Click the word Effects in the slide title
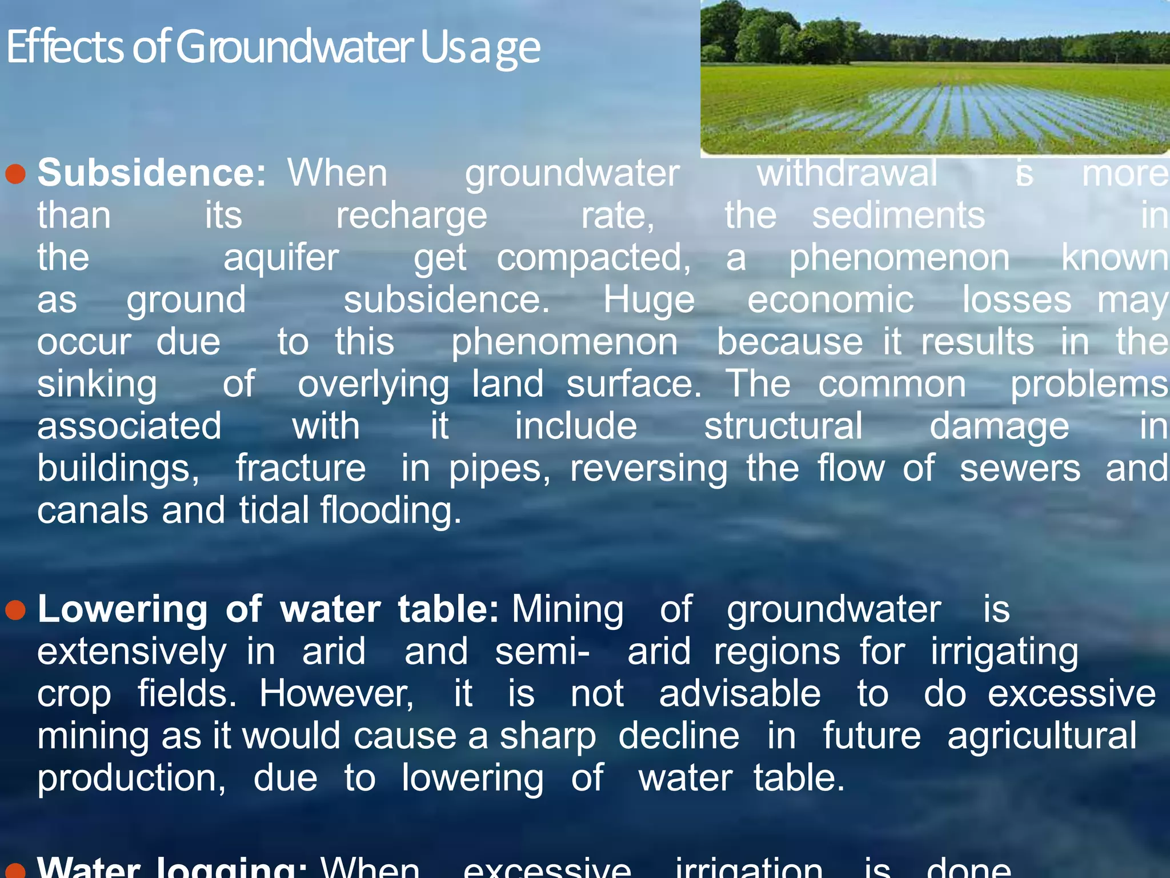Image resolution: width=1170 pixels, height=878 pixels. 65,47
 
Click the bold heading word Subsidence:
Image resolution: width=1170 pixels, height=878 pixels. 151,173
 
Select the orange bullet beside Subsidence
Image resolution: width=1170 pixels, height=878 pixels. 15,174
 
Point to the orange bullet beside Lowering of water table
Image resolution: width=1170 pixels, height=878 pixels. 15,610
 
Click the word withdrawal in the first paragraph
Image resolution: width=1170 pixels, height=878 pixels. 847,173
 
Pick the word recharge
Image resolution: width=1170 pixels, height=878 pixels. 411,216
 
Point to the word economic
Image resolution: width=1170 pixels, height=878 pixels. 830,300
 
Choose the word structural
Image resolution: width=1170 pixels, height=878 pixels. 783,426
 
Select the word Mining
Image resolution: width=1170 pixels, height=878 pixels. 567,609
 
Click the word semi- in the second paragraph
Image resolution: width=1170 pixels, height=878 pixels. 542,652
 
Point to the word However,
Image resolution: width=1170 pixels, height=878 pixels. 337,694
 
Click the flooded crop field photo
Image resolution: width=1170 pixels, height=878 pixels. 935,78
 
